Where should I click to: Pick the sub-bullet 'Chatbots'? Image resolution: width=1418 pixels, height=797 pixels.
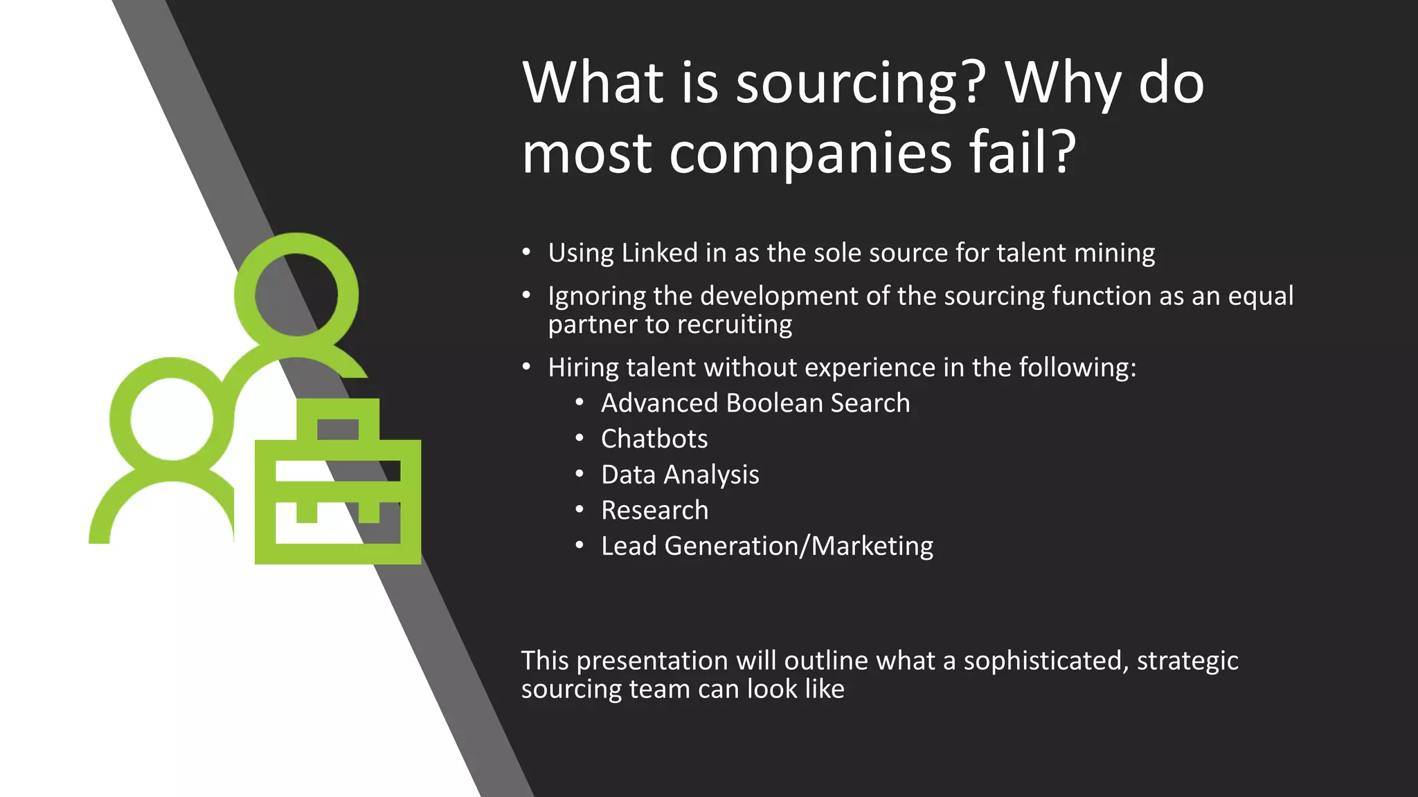(654, 439)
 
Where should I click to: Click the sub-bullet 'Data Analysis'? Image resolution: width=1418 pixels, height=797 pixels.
(680, 475)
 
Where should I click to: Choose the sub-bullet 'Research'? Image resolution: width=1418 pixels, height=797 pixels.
(654, 511)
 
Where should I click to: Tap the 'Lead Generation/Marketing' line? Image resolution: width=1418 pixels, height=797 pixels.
(766, 547)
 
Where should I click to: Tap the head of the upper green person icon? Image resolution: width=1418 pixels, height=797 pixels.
(296, 295)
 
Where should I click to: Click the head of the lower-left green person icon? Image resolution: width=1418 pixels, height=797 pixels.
(172, 419)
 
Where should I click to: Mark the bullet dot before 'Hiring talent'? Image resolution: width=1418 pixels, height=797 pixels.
(526, 367)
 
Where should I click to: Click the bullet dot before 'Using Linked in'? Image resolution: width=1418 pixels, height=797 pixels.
(526, 253)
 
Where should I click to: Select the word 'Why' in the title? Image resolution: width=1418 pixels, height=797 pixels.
(1063, 84)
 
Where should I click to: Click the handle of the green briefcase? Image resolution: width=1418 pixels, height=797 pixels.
(338, 419)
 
